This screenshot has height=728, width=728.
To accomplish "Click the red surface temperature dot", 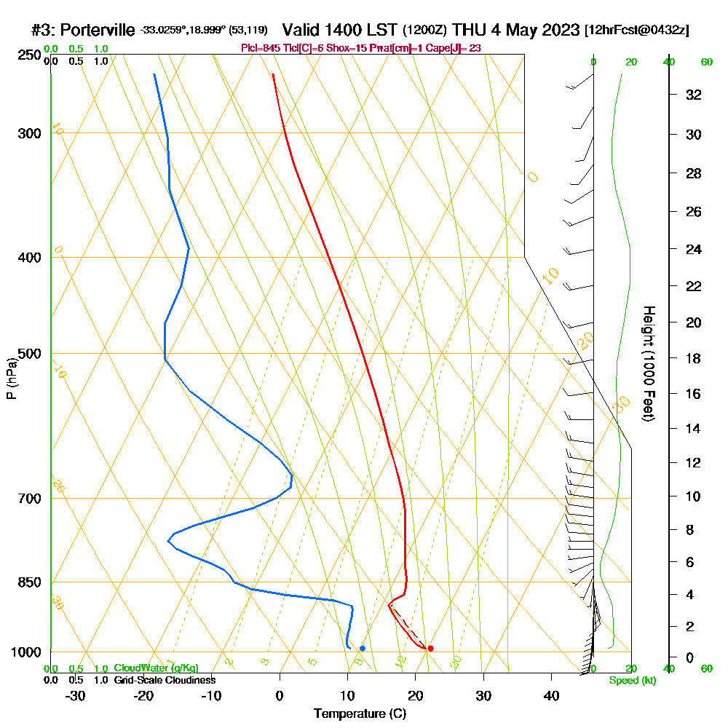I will (x=430, y=648).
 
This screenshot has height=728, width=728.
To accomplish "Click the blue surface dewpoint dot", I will (x=362, y=648).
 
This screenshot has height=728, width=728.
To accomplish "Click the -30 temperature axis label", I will (x=76, y=696).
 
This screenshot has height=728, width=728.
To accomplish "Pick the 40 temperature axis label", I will (x=551, y=696).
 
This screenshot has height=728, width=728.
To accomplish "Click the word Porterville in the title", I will (x=97, y=30).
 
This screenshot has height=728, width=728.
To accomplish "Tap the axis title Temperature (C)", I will (x=360, y=713).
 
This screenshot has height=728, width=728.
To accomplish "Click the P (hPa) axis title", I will (x=11, y=378).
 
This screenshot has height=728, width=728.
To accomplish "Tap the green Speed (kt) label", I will (x=631, y=681).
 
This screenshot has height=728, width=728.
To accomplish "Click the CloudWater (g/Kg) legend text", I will (x=156, y=668).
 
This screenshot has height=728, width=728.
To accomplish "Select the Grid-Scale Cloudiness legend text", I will (x=165, y=680).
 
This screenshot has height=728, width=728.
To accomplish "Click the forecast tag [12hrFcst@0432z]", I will (x=636, y=31).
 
